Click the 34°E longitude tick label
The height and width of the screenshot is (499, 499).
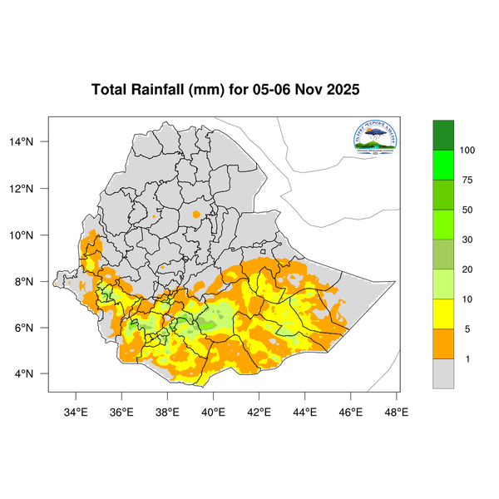76,411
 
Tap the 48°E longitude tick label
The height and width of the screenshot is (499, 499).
396,411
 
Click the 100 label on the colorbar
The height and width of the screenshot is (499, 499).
467,151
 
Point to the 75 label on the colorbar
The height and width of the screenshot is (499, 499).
467,180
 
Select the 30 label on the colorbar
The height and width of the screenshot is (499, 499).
467,240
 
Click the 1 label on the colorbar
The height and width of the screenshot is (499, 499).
467,358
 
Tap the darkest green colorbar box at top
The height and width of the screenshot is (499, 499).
443,135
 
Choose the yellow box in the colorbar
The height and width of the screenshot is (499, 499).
443,314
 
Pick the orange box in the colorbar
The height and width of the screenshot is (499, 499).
443,343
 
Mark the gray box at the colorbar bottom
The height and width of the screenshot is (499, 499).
443,373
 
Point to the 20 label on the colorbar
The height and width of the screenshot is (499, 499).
467,269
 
